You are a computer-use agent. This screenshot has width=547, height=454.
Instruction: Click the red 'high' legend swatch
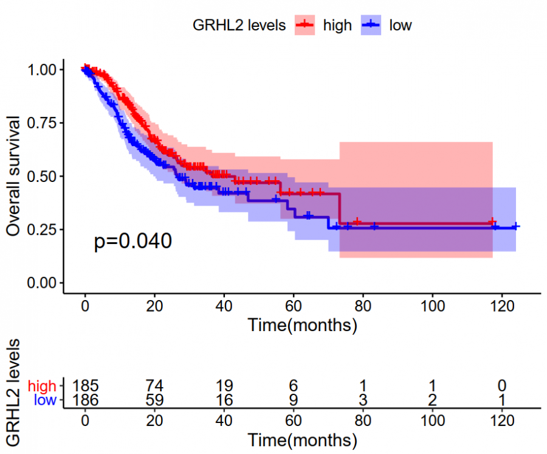pos(305,25)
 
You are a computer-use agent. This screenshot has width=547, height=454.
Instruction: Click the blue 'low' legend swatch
pos(371,25)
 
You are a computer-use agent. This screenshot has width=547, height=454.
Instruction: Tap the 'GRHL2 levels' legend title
pos(239,25)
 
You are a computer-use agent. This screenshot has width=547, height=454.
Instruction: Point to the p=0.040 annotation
pos(133,242)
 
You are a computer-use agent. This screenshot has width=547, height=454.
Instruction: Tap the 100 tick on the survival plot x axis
pos(432,306)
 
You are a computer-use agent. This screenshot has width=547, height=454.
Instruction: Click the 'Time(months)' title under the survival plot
pos(302,325)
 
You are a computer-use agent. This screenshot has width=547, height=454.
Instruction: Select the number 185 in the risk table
pos(85,386)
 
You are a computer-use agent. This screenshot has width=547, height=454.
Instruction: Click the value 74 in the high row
pos(154,386)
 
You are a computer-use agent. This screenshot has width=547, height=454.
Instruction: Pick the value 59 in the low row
pos(154,400)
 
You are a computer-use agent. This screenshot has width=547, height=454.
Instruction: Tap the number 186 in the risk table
pos(85,400)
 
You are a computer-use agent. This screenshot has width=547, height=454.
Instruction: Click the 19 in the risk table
pos(224,386)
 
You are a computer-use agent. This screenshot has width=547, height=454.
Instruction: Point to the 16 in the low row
pos(224,400)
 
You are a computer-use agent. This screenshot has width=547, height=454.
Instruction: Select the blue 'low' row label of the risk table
pos(45,400)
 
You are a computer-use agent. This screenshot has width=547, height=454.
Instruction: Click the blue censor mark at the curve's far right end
pos(515,226)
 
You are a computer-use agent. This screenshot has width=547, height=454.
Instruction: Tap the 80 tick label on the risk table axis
pos(363,420)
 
